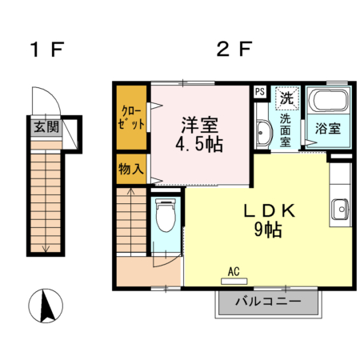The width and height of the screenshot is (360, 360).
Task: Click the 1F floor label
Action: coord(46,50)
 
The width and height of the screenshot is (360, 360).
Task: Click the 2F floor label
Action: coord(234,50)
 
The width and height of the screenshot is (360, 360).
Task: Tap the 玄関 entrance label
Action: coord(45,126)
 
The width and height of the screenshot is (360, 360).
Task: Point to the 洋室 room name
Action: coord(200,126)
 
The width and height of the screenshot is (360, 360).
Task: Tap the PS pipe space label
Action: coord(259,91)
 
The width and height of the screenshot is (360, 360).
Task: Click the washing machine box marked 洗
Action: coord(286,98)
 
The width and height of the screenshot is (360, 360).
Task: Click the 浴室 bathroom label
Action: coord(328,128)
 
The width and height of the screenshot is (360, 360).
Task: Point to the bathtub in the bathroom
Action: coord(328,102)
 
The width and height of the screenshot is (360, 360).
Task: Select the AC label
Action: coord(234,271)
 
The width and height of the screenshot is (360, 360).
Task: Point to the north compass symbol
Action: coord(46,306)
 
